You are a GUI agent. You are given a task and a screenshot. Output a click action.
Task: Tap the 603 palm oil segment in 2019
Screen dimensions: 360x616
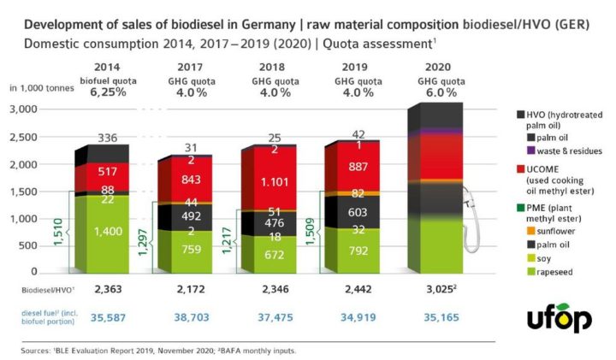358,210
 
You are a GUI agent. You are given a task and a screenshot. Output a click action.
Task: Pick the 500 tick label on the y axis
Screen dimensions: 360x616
31,246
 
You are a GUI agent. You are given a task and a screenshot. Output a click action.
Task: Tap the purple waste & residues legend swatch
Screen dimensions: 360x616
524,150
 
